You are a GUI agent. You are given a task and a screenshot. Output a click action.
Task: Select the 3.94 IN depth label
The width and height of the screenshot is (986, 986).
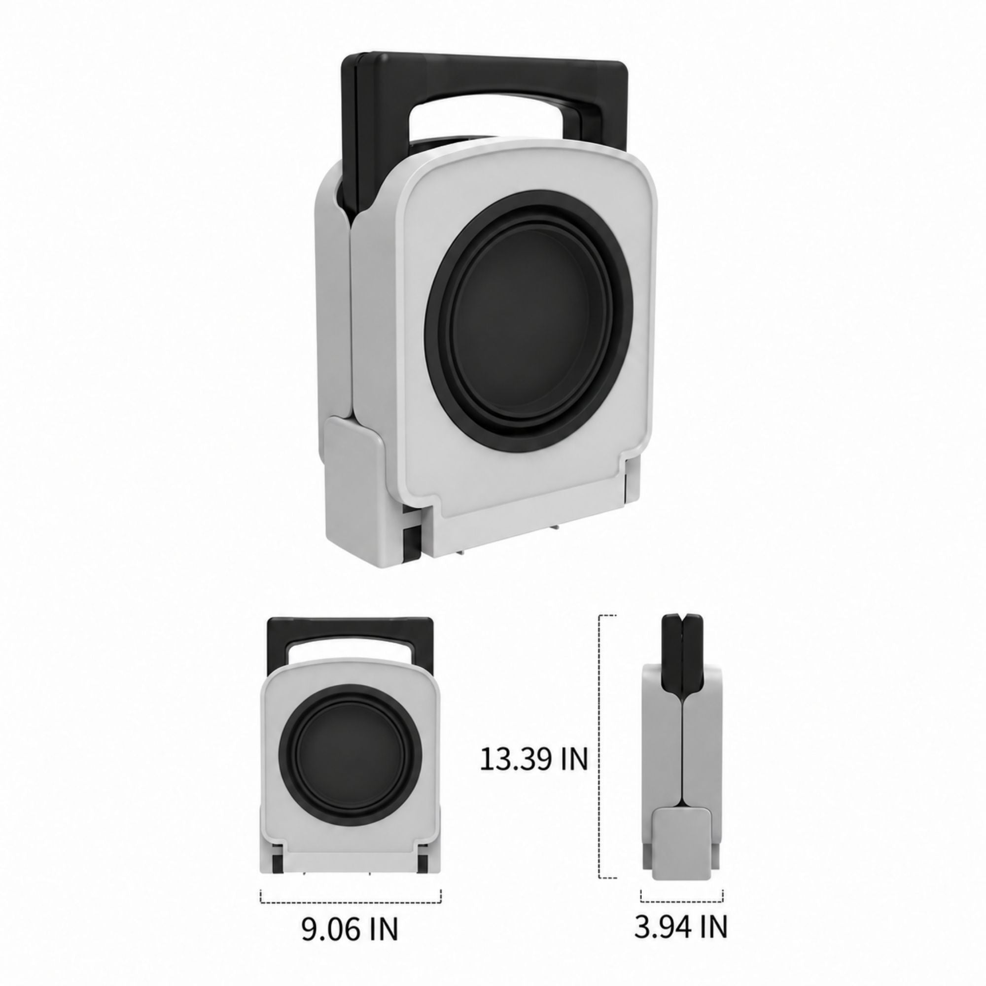click(681, 926)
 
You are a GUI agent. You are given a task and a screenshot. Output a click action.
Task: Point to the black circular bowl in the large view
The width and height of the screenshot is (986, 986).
click(528, 313)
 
